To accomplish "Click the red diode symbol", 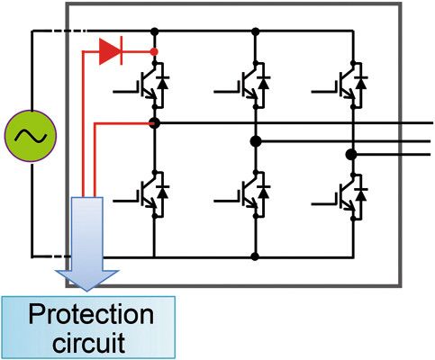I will pos(110,52).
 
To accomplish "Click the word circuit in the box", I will pos(88,342).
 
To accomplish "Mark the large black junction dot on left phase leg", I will pos(155,122).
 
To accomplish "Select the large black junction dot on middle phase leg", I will pos(256,140).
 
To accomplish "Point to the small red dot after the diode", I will pos(155,52).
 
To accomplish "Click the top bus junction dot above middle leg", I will pos(256,31).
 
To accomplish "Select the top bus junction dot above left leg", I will pos(155,31).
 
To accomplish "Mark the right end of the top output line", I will pos(430,122).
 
